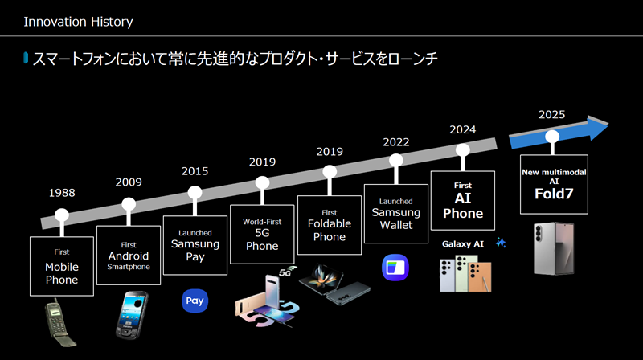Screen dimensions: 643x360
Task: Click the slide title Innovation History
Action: point(78,22)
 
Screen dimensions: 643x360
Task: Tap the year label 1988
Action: point(62,193)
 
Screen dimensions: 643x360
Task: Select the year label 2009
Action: point(129,182)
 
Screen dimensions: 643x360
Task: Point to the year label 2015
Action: point(195,171)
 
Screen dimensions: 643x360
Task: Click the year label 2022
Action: point(396,142)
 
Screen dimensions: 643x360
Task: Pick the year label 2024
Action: point(463,129)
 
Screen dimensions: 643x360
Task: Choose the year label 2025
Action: point(552,114)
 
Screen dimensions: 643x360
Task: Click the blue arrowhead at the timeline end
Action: point(597,127)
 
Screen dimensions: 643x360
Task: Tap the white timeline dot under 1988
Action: point(62,215)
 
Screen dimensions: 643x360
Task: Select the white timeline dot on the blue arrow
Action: point(552,137)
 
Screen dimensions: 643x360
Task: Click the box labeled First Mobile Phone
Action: point(62,266)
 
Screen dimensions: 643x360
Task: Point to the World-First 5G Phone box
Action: point(262,235)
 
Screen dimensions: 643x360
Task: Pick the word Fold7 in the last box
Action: point(554,194)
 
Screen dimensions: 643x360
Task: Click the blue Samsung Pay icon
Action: point(195,301)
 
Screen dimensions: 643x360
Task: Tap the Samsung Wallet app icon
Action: point(395,268)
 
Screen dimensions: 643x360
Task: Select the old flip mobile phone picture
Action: point(59,322)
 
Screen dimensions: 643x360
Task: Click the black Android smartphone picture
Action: point(131,315)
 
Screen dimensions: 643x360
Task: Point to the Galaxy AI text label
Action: point(463,244)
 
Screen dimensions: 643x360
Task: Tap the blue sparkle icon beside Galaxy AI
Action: point(501,243)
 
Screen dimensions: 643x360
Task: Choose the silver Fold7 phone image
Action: point(555,248)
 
